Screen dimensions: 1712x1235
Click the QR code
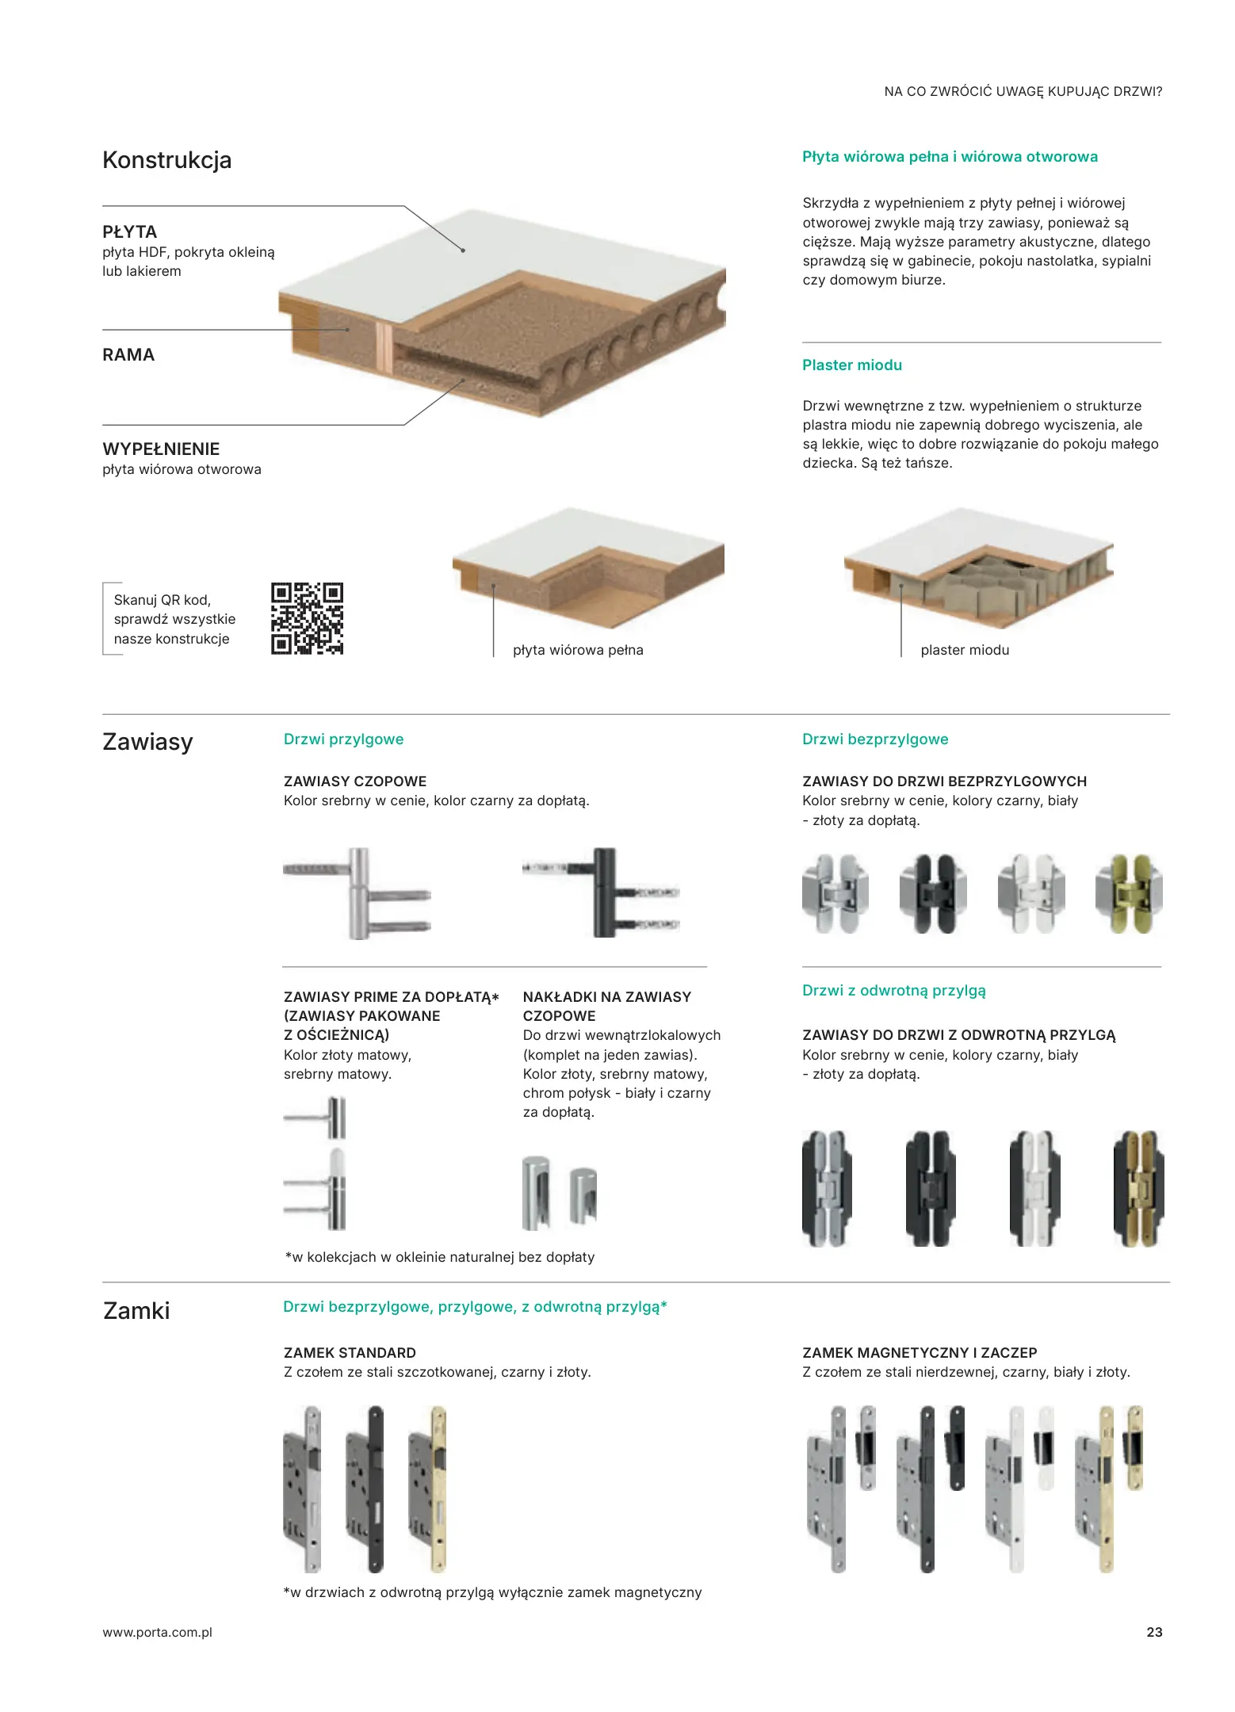(307, 618)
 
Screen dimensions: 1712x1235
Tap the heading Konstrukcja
(167, 160)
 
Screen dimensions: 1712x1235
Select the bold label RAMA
(128, 355)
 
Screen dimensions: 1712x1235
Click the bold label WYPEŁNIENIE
(161, 449)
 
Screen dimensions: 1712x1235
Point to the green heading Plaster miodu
(852, 365)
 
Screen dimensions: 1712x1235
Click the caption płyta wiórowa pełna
(578, 650)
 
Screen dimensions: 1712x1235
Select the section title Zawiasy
(148, 742)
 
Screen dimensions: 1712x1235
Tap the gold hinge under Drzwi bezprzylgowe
(1129, 893)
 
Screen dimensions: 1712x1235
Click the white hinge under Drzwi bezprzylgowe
(1031, 893)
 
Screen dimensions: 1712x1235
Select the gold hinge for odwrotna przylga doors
(1138, 1188)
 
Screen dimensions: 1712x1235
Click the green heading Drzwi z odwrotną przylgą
(894, 991)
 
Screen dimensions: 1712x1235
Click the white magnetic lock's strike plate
(1046, 1447)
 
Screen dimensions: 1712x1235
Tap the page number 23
(1154, 1632)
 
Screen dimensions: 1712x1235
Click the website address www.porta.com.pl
(158, 1632)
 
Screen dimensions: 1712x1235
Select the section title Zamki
(136, 1310)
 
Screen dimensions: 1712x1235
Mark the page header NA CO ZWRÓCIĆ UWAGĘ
(1023, 92)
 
